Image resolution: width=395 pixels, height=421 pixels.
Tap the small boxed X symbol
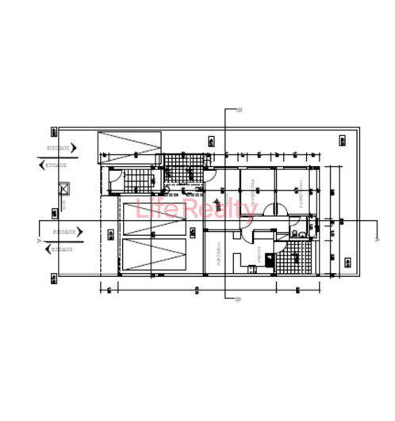(64, 189)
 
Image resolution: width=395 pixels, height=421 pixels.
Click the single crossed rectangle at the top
(129, 148)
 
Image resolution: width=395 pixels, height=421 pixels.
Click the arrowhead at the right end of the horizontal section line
(378, 237)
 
